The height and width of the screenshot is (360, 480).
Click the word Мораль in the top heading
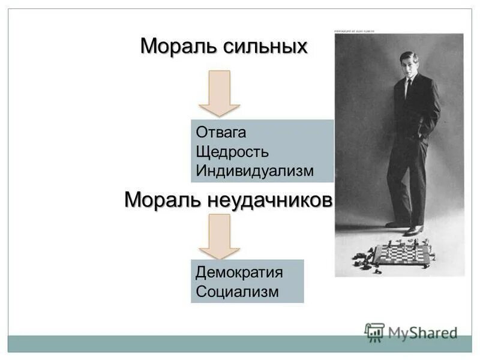175,46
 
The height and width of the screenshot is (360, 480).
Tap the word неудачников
270,200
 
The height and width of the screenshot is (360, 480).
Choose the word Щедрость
232,151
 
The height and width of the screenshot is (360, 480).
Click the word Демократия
239,272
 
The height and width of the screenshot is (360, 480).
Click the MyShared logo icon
374,332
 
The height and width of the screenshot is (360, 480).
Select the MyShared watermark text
422,332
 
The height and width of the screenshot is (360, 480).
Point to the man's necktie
409,88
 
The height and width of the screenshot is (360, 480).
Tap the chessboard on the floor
403,254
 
